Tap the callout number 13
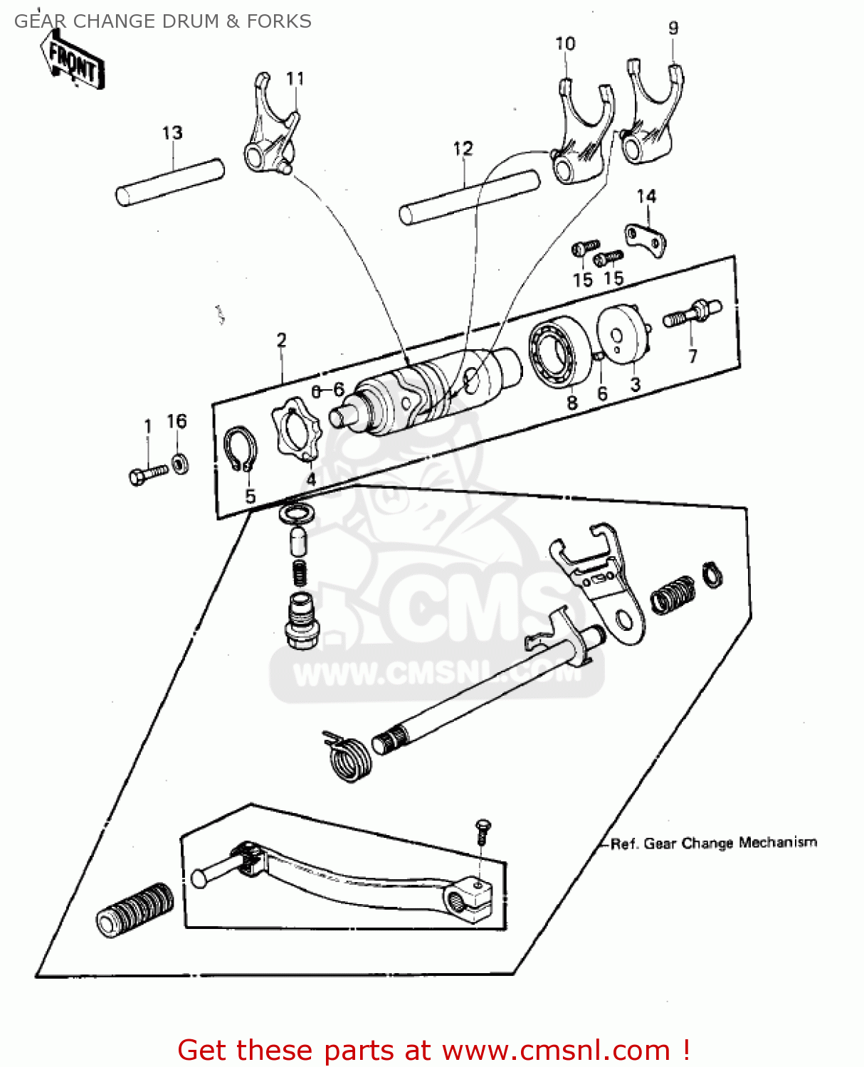(x=172, y=133)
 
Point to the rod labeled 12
(x=469, y=197)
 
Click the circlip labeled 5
(x=241, y=450)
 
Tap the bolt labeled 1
(x=148, y=474)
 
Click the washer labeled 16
(x=181, y=464)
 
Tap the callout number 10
(x=565, y=44)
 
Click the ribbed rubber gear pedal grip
(x=134, y=911)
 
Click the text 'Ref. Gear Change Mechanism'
(x=713, y=844)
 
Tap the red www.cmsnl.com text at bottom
(x=556, y=1051)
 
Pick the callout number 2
(x=281, y=340)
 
